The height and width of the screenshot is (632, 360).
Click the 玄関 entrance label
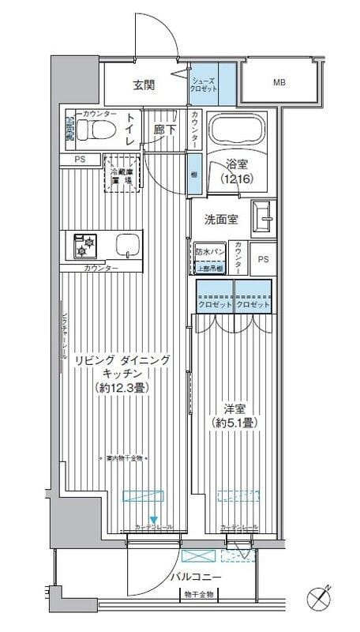[x=143, y=85]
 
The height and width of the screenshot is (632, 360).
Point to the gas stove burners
[x=84, y=246]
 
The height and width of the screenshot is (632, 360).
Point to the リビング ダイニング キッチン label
[x=122, y=372]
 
